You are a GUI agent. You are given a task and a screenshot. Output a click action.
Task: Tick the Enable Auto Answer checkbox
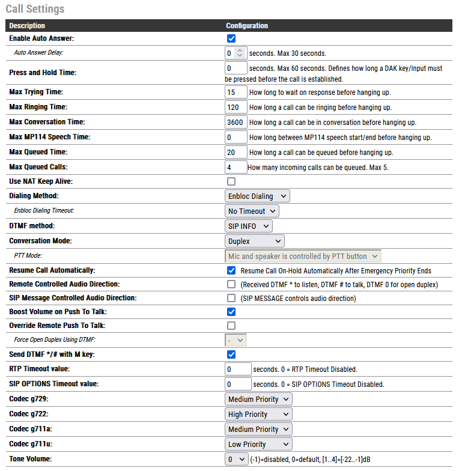tap(231, 38)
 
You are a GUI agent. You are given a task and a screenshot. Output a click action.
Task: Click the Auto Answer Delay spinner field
tap(232, 53)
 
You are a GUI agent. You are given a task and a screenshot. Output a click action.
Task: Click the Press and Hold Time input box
tap(236, 68)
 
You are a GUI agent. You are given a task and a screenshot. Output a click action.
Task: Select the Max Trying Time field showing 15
tap(236, 92)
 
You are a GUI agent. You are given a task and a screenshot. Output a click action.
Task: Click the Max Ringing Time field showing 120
tap(236, 107)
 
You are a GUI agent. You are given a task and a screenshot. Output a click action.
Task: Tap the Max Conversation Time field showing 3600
tap(236, 122)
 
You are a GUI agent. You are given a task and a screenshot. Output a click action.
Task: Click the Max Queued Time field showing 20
tap(236, 152)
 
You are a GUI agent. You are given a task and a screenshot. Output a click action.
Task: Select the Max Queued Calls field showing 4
tap(236, 167)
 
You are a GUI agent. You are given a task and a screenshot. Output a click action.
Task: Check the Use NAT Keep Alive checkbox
tap(231, 181)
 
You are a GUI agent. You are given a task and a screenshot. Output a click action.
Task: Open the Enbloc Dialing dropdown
tap(258, 196)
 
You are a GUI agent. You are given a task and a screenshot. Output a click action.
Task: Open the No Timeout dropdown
tap(252, 211)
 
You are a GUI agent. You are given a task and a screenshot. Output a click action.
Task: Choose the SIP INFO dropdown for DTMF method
tap(249, 226)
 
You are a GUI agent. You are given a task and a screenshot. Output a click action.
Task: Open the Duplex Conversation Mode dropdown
tap(255, 241)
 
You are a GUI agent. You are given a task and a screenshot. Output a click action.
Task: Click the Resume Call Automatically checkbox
tap(231, 270)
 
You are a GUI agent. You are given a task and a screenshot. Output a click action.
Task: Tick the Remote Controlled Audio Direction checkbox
tap(231, 284)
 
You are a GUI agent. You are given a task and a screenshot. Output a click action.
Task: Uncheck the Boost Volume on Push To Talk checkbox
tap(231, 312)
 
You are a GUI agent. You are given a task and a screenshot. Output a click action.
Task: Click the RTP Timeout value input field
tap(238, 369)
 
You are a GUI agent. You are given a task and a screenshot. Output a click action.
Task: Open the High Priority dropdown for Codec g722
tap(258, 414)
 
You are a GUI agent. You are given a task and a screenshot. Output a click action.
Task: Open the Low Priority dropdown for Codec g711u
tap(258, 444)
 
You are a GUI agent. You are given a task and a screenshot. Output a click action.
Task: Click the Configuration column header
tap(247, 26)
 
